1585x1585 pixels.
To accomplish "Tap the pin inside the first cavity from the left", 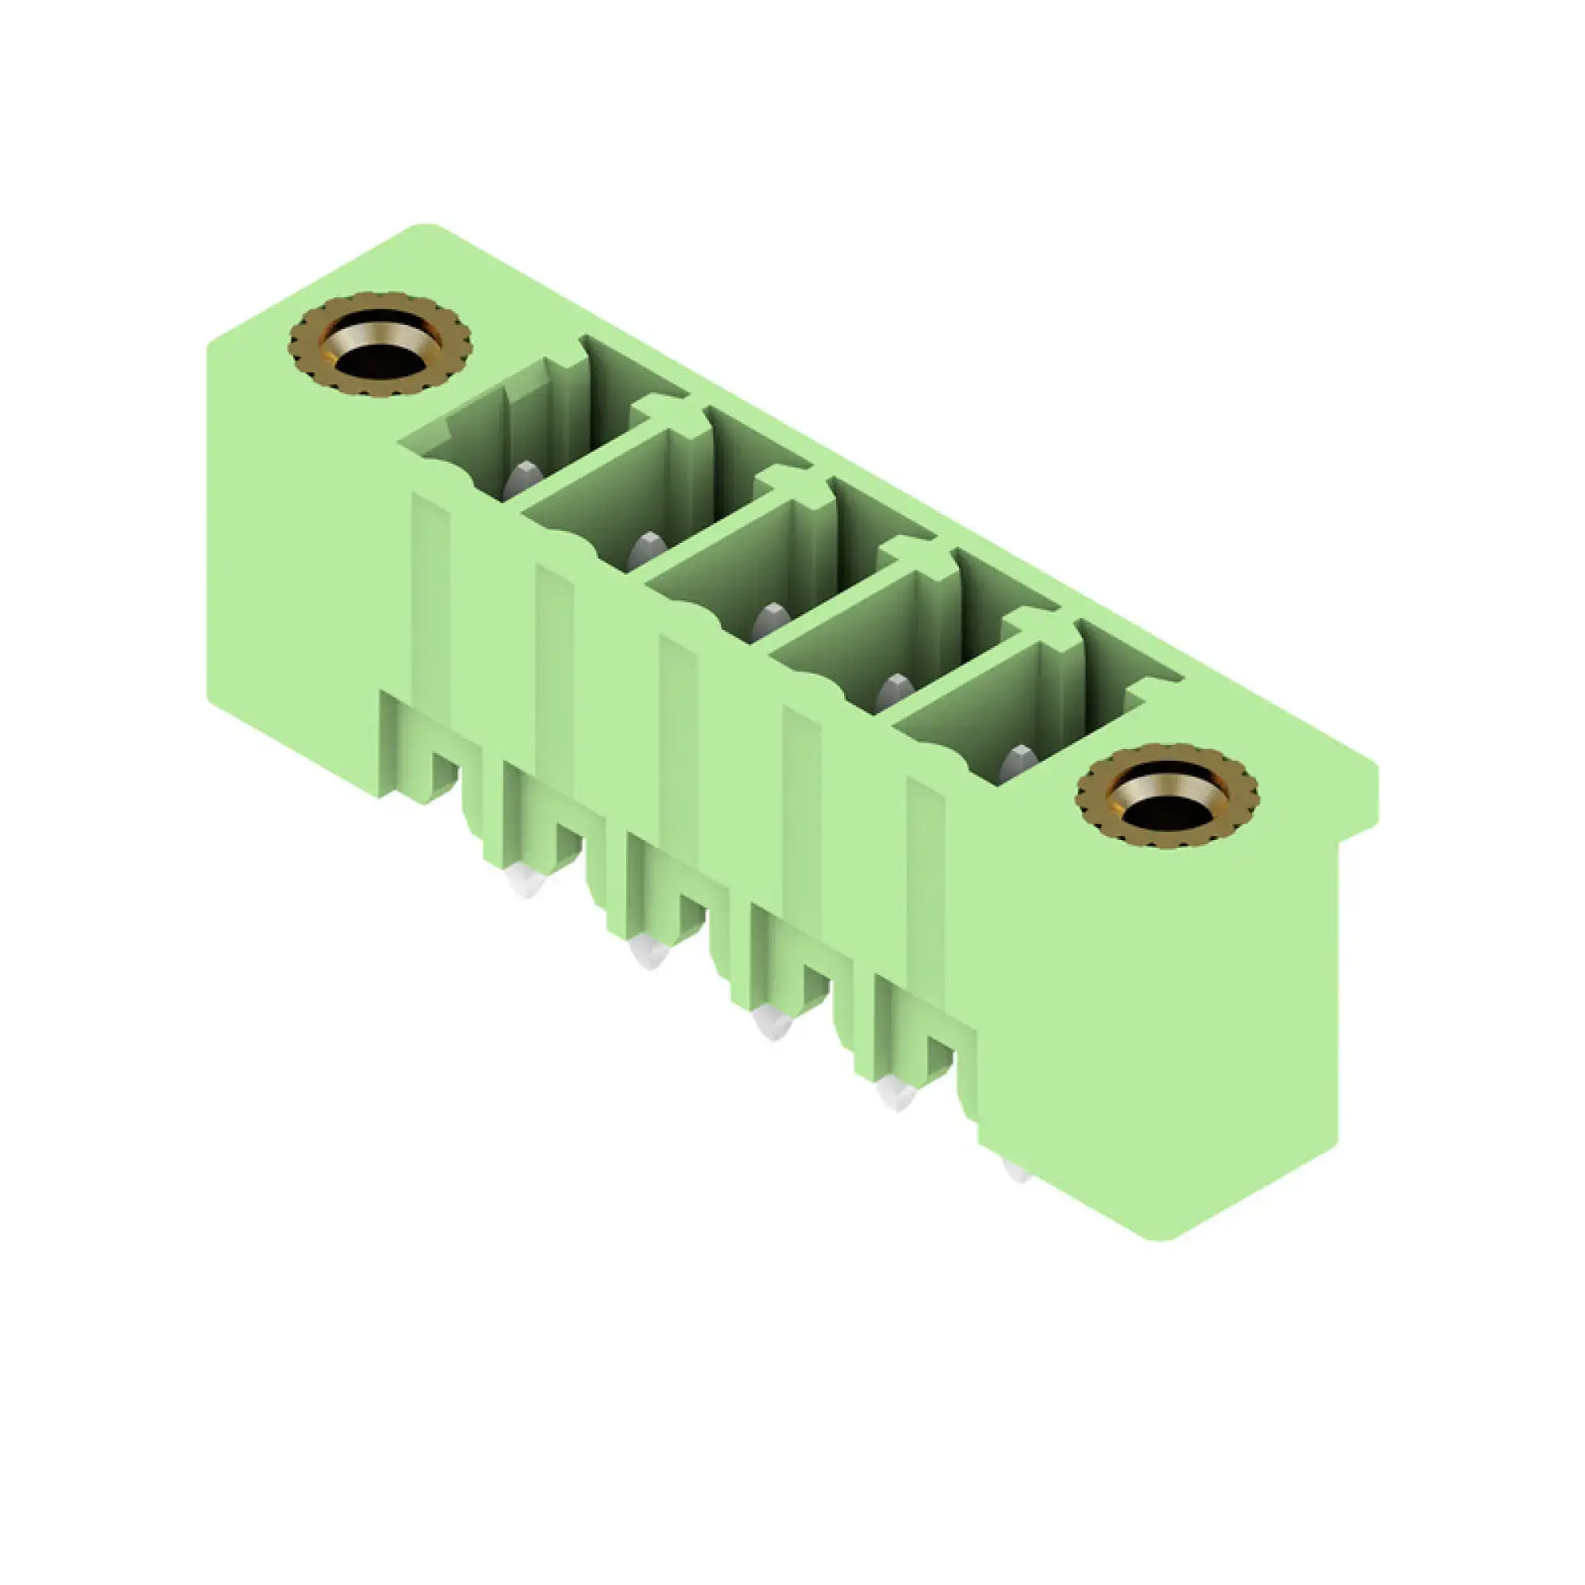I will tap(522, 479).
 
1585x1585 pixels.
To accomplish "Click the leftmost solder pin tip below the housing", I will tap(525, 883).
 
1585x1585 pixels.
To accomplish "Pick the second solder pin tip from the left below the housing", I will tap(649, 954).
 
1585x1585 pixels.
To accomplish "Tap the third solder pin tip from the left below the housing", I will tap(773, 1025).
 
